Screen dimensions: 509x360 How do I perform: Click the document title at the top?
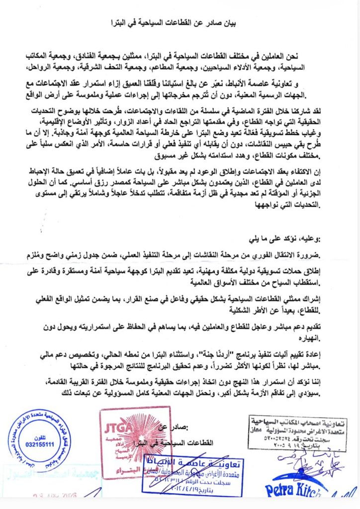click(180, 23)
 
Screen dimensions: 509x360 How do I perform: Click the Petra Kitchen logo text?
click(293, 490)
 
